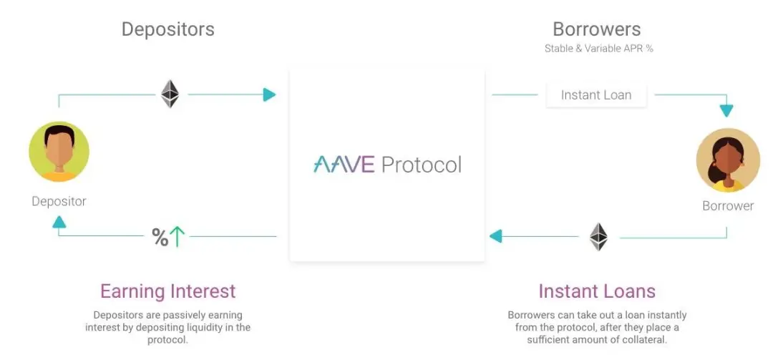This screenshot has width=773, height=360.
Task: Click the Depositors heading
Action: tap(167, 29)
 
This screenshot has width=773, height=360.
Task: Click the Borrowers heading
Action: tap(596, 29)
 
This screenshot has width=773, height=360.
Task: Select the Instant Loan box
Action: tap(596, 94)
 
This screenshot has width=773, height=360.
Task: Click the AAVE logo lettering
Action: tap(344, 165)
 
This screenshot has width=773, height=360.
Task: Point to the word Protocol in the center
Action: tap(421, 165)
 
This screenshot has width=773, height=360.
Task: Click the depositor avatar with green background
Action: tap(59, 152)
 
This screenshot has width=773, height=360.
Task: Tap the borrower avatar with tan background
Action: tap(727, 160)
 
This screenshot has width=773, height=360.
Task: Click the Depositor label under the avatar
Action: tap(59, 201)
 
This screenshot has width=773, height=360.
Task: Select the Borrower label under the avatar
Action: tap(727, 206)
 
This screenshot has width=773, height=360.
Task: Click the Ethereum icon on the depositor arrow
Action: tap(170, 94)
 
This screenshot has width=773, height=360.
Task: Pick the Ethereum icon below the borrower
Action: tap(598, 236)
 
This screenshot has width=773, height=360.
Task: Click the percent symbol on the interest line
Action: tap(160, 236)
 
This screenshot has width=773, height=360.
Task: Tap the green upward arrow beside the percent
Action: tap(178, 236)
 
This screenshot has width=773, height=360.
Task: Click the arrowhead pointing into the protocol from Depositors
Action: tap(269, 94)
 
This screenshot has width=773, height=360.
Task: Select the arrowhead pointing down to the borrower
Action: tap(726, 111)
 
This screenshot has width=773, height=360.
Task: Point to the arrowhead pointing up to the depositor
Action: tap(59, 223)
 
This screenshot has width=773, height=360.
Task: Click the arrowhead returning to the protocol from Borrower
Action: tap(495, 236)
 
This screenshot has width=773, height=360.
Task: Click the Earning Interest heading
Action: tap(167, 291)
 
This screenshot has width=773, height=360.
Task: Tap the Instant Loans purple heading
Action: tap(596, 291)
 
